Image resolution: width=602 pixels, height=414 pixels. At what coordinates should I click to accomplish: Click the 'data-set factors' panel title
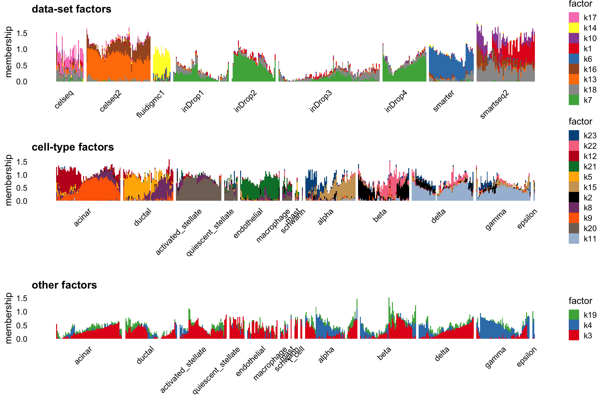(71, 9)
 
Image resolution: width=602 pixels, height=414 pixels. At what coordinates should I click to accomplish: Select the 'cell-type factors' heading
(73, 147)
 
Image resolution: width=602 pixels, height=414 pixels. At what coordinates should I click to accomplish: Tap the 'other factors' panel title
(64, 285)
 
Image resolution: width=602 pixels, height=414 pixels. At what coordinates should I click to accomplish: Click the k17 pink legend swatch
(574, 18)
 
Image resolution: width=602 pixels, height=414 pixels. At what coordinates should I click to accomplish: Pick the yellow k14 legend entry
(574, 28)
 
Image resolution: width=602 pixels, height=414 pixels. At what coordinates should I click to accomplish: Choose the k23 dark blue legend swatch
(574, 135)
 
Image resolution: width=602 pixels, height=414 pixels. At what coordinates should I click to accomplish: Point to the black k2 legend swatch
(574, 197)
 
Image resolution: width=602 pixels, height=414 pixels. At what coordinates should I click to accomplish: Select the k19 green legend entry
(574, 315)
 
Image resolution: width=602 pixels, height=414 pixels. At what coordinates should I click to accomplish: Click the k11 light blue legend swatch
(574, 239)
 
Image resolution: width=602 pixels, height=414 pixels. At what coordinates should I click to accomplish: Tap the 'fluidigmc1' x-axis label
(150, 104)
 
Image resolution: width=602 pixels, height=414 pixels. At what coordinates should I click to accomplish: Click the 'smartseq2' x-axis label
(494, 104)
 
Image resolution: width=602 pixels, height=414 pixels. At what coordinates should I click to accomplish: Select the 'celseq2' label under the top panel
(110, 101)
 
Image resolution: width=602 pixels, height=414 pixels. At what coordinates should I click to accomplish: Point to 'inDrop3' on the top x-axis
(320, 101)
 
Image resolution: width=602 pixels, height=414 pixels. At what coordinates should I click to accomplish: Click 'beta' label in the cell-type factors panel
(380, 215)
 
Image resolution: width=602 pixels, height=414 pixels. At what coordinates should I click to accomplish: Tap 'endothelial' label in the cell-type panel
(248, 223)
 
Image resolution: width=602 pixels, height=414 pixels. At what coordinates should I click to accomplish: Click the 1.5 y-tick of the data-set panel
(22, 34)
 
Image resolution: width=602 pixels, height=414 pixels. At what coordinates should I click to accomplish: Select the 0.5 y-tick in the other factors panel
(22, 326)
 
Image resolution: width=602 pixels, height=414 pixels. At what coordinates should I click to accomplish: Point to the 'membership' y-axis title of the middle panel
(8, 180)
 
